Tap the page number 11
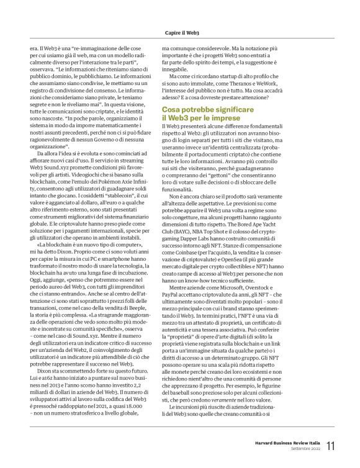point(330,446)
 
